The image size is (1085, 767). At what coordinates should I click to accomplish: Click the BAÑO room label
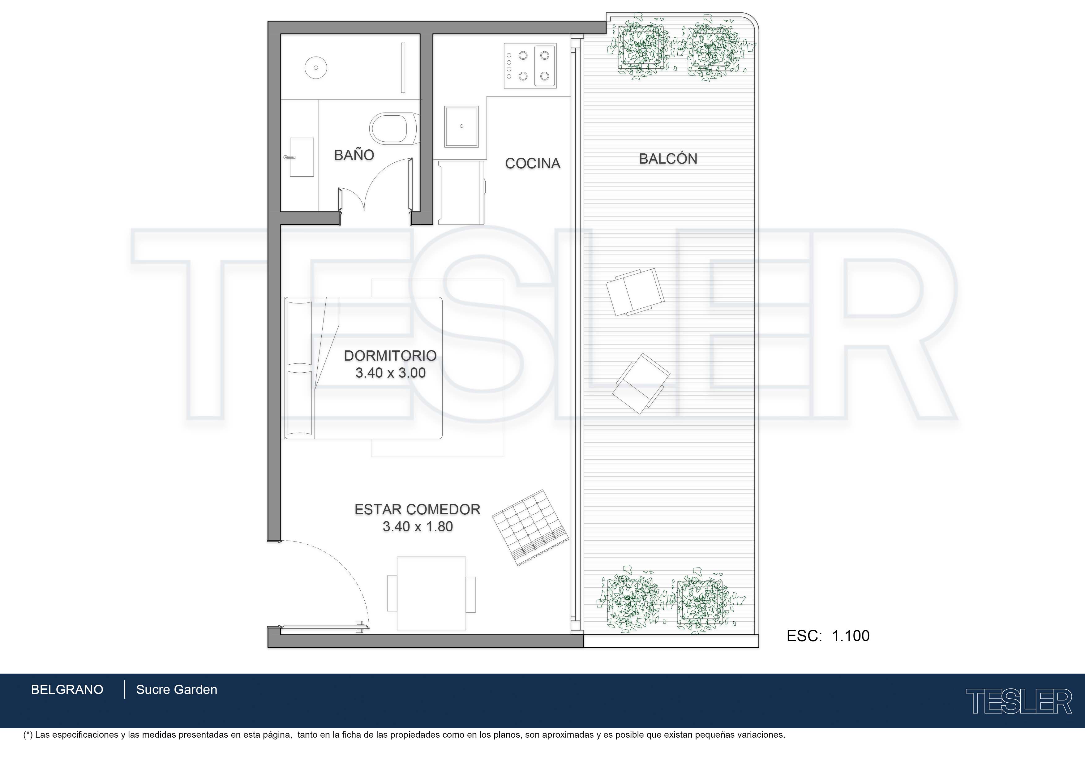[354, 155]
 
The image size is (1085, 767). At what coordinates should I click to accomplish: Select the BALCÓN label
[668, 158]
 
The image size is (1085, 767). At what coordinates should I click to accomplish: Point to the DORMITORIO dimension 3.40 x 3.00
[390, 373]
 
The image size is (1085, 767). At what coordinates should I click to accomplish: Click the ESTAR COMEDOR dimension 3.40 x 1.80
[418, 526]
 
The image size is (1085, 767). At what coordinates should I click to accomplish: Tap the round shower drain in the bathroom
[316, 68]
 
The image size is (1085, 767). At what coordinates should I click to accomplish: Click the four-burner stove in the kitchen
[530, 66]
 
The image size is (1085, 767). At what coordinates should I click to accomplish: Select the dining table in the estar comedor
[431, 593]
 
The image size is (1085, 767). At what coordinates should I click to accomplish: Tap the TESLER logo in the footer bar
[1019, 701]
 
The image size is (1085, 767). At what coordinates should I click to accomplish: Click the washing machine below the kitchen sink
[461, 192]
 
